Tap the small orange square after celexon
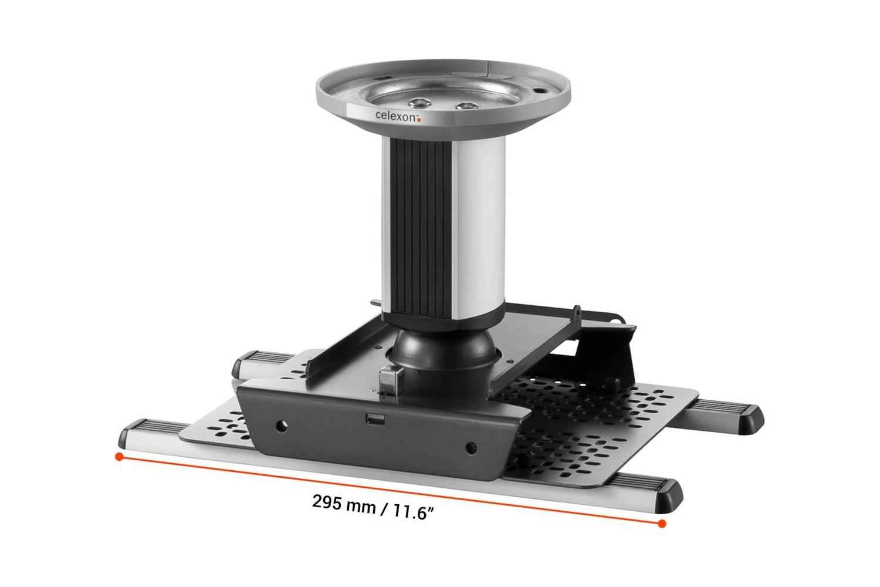point(419,119)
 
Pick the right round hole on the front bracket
point(469,450)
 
